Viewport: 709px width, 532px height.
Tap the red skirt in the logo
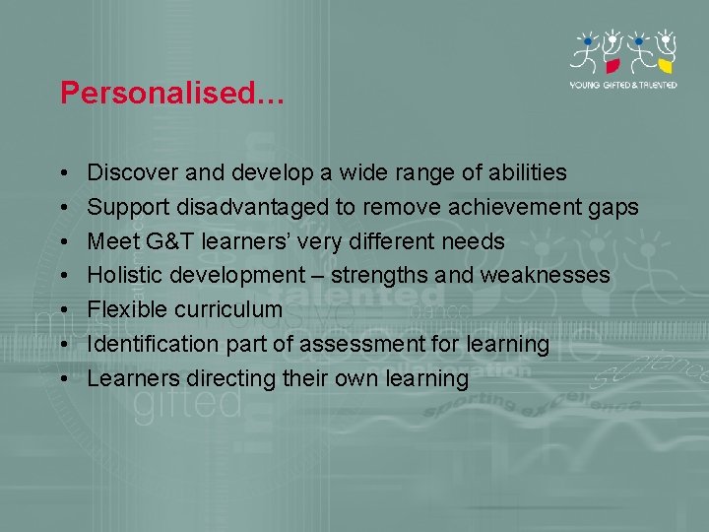(612, 66)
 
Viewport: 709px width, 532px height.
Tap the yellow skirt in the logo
(666, 66)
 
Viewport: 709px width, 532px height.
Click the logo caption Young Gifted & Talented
(624, 85)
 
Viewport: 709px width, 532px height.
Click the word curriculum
(227, 310)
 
